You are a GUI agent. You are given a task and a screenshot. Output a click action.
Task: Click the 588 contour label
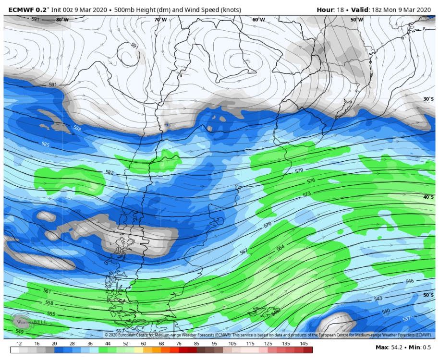(77, 128)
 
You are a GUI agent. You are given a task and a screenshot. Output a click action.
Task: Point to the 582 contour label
(110, 172)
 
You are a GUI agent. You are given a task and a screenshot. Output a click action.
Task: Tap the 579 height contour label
(299, 170)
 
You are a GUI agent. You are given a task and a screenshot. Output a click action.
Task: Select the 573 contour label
(307, 194)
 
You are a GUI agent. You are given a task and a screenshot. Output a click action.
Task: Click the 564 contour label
(280, 248)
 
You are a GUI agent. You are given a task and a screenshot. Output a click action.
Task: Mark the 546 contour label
(409, 281)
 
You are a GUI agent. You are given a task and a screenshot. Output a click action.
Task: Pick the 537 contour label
(406, 319)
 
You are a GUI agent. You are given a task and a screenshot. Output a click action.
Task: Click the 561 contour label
(47, 291)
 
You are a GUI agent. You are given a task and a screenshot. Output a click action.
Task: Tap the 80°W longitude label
(62, 20)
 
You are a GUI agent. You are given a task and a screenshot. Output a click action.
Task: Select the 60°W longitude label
(258, 20)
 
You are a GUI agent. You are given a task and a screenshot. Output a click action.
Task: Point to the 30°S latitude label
(428, 99)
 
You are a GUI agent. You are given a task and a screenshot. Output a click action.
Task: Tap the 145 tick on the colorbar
(304, 344)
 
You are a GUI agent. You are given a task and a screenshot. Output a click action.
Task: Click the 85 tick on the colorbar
(196, 344)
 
